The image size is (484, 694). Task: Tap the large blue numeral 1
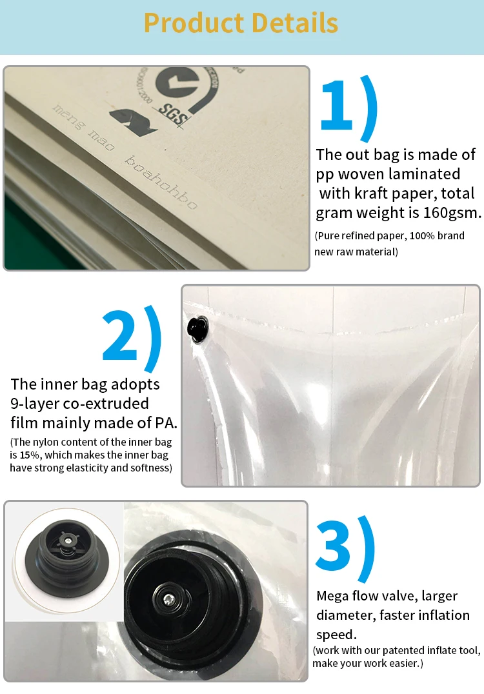[x=337, y=105]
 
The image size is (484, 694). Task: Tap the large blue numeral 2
[x=119, y=335]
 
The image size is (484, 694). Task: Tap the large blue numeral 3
[x=333, y=545]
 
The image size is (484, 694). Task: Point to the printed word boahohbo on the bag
[x=161, y=182]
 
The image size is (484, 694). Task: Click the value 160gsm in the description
[x=452, y=213]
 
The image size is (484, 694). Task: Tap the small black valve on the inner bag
[x=197, y=329]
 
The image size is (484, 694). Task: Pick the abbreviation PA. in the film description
[x=166, y=423]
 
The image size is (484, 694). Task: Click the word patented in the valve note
[x=403, y=651]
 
